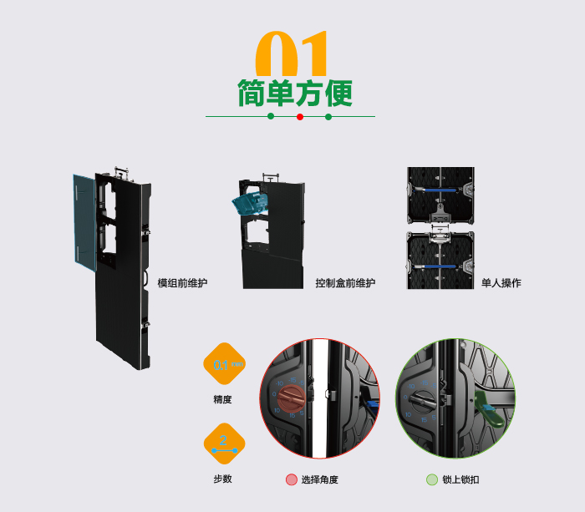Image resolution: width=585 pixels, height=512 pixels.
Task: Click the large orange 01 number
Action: coord(292,54)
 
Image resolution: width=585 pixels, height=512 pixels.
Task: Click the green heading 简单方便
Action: coord(294,92)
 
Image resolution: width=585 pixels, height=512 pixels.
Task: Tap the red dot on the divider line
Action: coord(299,117)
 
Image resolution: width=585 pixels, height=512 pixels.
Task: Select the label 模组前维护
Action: coord(182,283)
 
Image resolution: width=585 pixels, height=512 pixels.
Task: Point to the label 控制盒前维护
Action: coord(345,283)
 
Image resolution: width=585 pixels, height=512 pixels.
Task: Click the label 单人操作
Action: coord(501,283)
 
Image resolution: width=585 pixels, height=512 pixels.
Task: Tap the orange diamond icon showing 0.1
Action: coord(224,364)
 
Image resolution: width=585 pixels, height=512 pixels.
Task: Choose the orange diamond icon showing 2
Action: coord(224,444)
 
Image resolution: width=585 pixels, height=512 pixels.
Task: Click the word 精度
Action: coord(222,399)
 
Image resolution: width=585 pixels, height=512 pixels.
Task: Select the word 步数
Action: coord(222,479)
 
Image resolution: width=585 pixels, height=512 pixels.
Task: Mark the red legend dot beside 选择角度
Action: coord(291,479)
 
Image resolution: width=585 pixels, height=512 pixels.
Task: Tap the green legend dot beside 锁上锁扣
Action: coord(431,479)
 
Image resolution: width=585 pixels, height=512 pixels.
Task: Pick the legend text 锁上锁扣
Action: coord(460,479)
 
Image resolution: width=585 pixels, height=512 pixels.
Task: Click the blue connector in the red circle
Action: coord(373,404)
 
